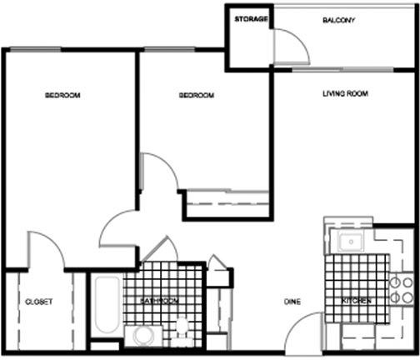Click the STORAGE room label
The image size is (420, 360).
[x=251, y=19]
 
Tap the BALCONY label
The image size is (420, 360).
[x=338, y=20]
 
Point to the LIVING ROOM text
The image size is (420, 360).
[x=345, y=93]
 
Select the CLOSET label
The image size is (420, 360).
[x=38, y=302]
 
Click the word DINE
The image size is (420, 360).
[x=292, y=302]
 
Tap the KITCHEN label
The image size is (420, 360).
[x=356, y=301]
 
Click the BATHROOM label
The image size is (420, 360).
[x=159, y=301]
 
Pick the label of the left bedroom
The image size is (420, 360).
[x=62, y=95]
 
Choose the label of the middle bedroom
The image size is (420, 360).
[x=197, y=95]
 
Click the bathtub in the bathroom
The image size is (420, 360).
[x=107, y=305]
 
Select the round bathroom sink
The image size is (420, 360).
[x=143, y=336]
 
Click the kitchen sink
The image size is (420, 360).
[x=351, y=242]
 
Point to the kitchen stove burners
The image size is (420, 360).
[x=402, y=290]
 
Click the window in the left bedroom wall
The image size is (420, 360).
[x=36, y=49]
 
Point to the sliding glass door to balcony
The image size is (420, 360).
[x=343, y=69]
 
